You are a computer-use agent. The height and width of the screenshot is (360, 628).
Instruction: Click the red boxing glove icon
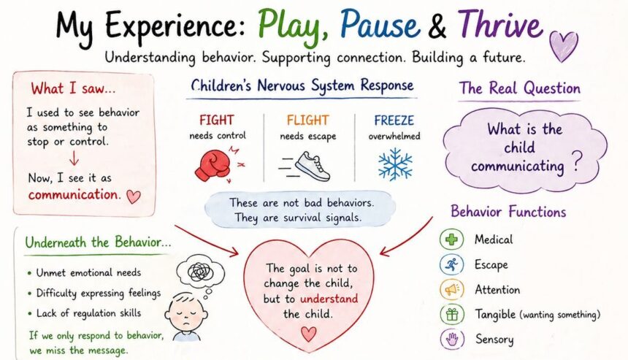tap(212, 165)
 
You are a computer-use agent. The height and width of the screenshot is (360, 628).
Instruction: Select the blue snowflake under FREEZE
tap(395, 164)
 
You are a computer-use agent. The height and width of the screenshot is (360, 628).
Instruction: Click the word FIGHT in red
tap(217, 120)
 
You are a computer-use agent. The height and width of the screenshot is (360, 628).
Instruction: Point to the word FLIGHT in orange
tap(307, 120)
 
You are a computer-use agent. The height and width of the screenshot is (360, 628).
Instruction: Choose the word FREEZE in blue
tap(394, 120)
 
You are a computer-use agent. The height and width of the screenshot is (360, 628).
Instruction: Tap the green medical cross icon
tap(452, 240)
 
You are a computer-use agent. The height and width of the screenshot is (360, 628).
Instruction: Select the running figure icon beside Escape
tap(452, 264)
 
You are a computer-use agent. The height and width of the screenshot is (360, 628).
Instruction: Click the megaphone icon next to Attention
tap(452, 289)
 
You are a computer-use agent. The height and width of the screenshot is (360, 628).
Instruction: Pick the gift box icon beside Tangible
tap(452, 314)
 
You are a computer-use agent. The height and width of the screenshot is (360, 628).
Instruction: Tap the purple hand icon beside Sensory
tap(452, 340)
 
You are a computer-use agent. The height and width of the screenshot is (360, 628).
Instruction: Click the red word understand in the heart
tap(329, 299)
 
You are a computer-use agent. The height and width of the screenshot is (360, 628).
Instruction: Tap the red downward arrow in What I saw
tap(74, 158)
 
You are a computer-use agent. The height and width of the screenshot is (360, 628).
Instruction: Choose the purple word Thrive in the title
tap(501, 23)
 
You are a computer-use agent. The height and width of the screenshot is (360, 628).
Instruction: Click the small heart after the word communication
tap(134, 196)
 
